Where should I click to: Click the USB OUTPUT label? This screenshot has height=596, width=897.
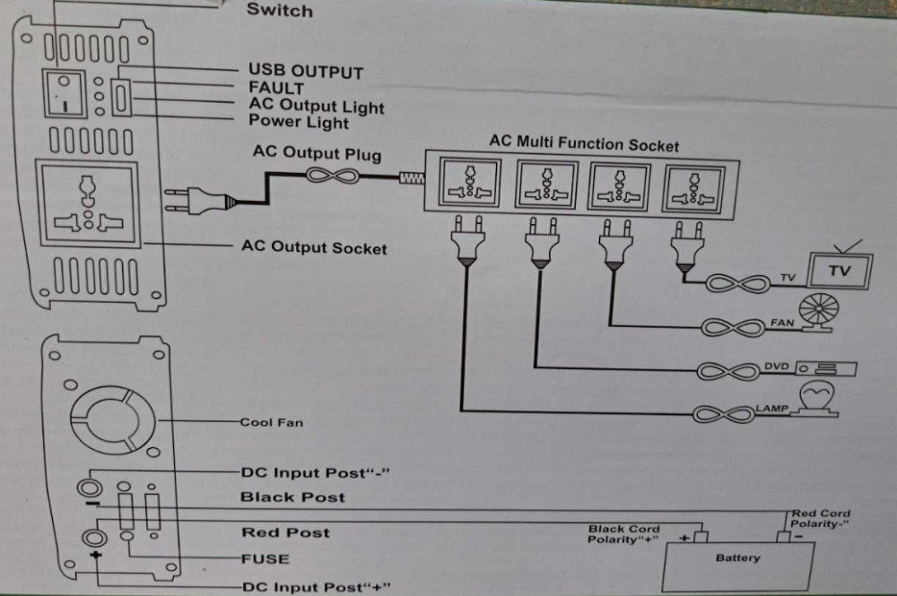pos(305,71)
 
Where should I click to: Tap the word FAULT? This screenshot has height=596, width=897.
pos(275,89)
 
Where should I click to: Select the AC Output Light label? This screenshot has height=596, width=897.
pos(316,106)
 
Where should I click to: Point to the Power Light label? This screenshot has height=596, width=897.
pos(298,122)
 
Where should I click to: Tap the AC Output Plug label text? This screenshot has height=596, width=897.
pos(317,153)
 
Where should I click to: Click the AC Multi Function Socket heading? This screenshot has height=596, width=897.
pos(584,144)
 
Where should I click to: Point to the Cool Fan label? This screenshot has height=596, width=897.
pos(271,421)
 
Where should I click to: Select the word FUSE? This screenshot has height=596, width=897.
pos(265,558)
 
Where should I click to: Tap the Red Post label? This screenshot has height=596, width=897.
pos(285,532)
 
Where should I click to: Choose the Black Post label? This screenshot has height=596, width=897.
pos(292,497)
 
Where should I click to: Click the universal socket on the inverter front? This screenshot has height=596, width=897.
pos(87,203)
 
